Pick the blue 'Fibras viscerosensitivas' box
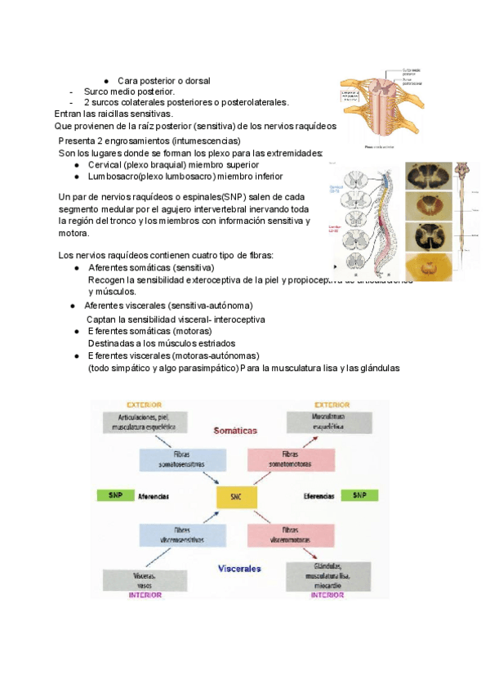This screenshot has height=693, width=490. (182, 534)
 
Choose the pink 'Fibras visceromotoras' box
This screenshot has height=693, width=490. (293, 534)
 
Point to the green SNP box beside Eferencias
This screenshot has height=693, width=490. (359, 495)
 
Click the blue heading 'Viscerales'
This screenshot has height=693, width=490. (239, 567)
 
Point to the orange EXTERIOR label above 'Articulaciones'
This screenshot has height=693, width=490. (144, 404)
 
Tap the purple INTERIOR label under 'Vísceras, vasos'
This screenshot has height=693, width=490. (145, 596)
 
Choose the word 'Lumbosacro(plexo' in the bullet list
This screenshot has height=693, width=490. (117, 176)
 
